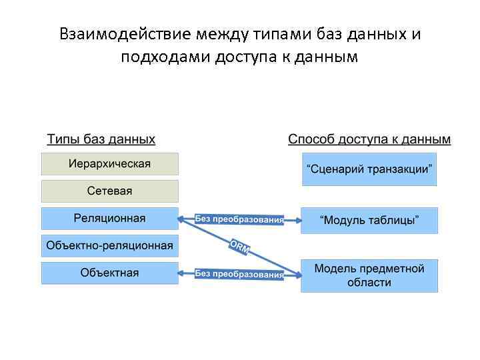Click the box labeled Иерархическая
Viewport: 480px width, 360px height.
click(x=110, y=164)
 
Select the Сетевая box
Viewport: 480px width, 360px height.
click(x=110, y=191)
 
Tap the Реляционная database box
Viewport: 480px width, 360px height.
click(x=110, y=219)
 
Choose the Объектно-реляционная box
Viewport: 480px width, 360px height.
click(x=110, y=246)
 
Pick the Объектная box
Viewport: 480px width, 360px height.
click(x=110, y=273)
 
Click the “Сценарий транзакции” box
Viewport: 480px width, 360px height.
click(x=369, y=169)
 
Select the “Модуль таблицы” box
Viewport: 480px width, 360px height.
click(x=369, y=221)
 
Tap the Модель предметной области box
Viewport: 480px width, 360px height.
click(x=369, y=275)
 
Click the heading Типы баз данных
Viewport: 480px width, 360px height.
click(x=101, y=139)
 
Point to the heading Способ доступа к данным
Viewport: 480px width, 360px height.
click(x=369, y=139)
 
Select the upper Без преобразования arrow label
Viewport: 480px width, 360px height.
click(x=239, y=219)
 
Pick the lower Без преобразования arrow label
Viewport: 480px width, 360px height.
click(x=239, y=273)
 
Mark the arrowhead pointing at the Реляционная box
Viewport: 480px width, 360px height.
click(x=182, y=219)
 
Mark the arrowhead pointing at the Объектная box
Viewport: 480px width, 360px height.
click(x=182, y=273)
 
